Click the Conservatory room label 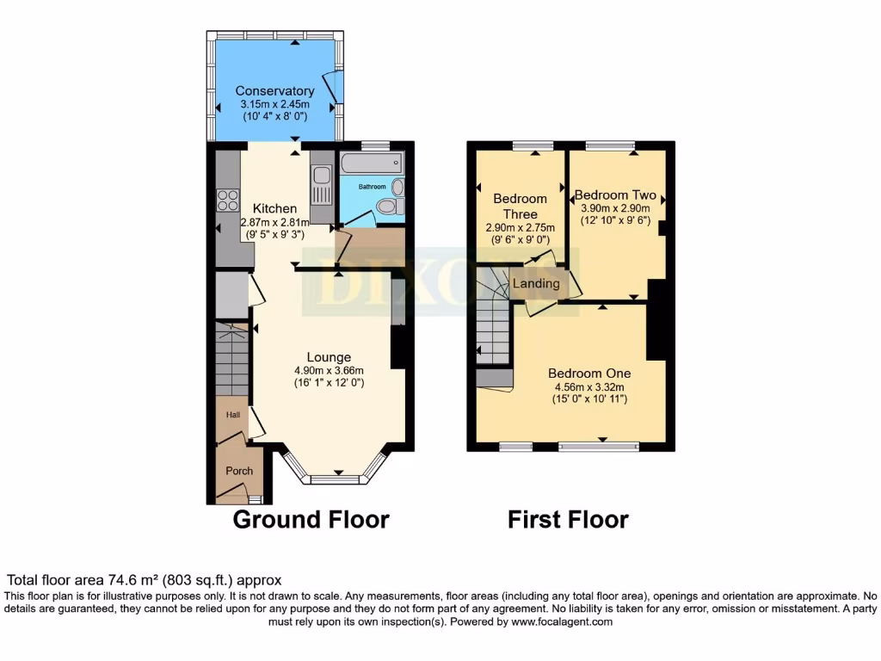click(274, 91)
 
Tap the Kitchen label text click(274, 208)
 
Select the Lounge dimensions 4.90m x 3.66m click(329, 371)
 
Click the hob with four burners click(228, 200)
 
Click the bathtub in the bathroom click(371, 162)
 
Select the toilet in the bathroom click(388, 206)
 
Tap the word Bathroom click(373, 186)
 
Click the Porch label click(239, 471)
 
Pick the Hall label click(233, 415)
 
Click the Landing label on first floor click(536, 283)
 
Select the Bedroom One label click(589, 374)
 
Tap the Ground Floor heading click(311, 520)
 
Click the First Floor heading click(568, 520)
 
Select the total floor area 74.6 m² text click(145, 580)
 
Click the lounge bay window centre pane click(328, 479)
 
